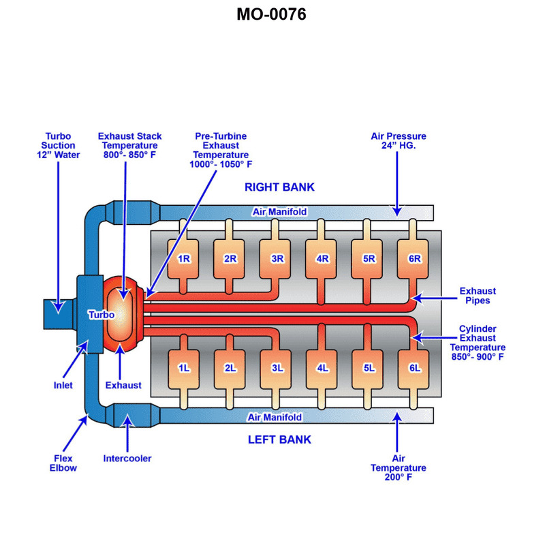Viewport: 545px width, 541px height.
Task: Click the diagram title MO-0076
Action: pyautogui.click(x=271, y=14)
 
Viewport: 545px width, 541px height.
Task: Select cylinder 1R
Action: pyautogui.click(x=184, y=259)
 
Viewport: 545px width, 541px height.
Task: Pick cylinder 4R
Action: pyautogui.click(x=322, y=259)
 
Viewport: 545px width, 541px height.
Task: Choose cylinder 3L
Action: pyautogui.click(x=277, y=368)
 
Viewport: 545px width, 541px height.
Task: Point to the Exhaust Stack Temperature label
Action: pyautogui.click(x=129, y=145)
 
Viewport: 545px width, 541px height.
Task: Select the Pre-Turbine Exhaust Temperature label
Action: pyautogui.click(x=221, y=150)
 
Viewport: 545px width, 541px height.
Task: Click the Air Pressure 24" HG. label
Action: pyautogui.click(x=399, y=140)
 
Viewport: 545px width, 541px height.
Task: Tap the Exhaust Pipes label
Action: pyautogui.click(x=478, y=296)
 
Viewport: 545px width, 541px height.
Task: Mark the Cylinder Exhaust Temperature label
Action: pyautogui.click(x=477, y=342)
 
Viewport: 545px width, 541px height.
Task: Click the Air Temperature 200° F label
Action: pyautogui.click(x=398, y=468)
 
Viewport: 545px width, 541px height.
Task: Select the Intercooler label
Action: pyautogui.click(x=127, y=459)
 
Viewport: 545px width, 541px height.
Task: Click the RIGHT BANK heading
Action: pyautogui.click(x=279, y=187)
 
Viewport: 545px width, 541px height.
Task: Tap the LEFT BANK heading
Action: pyautogui.click(x=279, y=439)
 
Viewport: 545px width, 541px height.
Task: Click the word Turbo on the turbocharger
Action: pyautogui.click(x=101, y=315)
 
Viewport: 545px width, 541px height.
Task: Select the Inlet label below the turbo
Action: pyautogui.click(x=63, y=385)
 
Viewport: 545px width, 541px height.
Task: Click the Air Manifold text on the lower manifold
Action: pyautogui.click(x=275, y=417)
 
